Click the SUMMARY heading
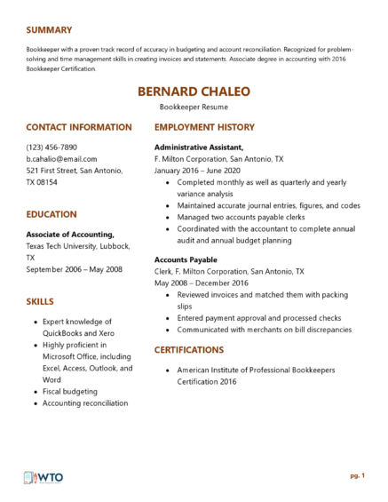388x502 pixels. pyautogui.click(x=49, y=29)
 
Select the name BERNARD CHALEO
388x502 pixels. pyautogui.click(x=194, y=92)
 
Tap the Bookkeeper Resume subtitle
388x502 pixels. pyautogui.click(x=194, y=107)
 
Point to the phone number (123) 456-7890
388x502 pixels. pyautogui.click(x=51, y=147)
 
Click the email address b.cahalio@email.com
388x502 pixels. pyautogui.click(x=61, y=158)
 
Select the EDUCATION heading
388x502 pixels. pyautogui.click(x=51, y=214)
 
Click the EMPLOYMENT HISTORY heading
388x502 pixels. pyautogui.click(x=204, y=127)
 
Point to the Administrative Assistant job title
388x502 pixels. pyautogui.click(x=199, y=147)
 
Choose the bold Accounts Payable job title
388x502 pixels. pyautogui.click(x=185, y=259)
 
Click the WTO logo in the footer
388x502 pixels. pyautogui.click(x=44, y=477)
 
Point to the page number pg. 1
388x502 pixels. pyautogui.click(x=357, y=475)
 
